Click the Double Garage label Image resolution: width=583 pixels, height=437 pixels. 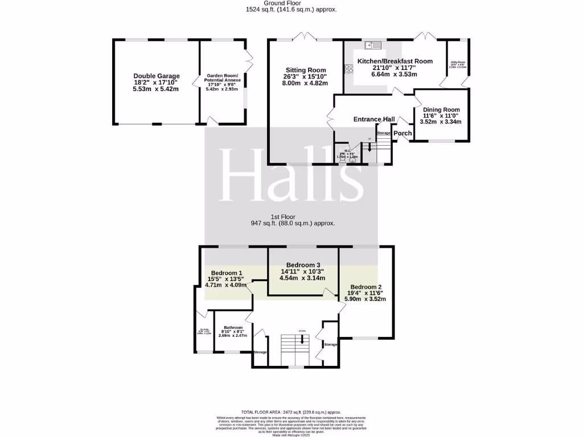point(157,76)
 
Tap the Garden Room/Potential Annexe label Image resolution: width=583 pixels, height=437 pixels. point(223,79)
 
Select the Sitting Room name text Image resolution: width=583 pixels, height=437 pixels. point(305,70)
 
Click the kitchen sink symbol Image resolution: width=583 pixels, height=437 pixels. point(372,45)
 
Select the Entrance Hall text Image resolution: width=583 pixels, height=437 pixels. point(374,119)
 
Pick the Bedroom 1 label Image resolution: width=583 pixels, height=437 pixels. point(226,273)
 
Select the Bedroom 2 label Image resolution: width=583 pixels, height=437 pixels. point(366,287)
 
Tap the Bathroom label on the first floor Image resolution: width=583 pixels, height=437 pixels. point(233,328)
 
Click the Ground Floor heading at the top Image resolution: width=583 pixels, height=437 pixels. point(291,3)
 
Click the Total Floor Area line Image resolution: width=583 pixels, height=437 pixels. point(291,412)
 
